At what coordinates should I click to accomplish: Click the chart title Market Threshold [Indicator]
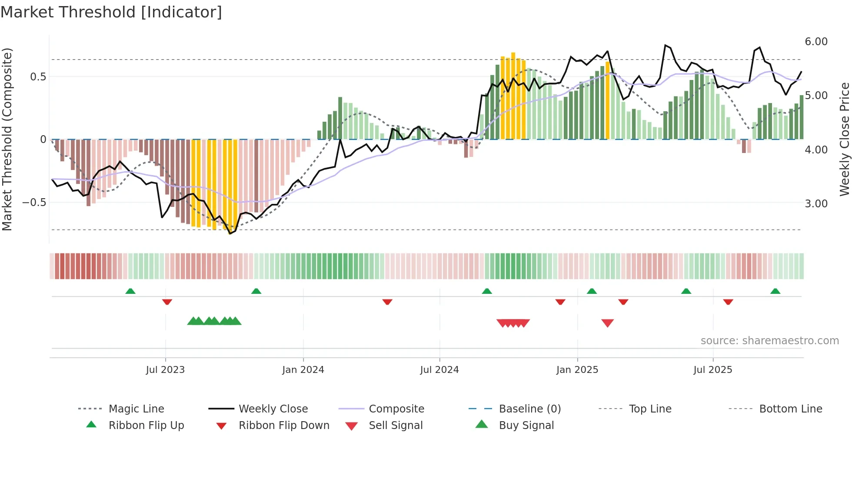pos(111,12)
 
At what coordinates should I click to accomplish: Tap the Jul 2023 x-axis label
pos(165,369)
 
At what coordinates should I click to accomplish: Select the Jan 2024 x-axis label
pos(303,369)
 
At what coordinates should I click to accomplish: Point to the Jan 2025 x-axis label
pos(577,369)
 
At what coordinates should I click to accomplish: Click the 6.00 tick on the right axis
pos(816,42)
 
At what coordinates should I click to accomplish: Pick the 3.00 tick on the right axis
pos(816,203)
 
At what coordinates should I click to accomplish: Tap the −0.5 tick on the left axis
pos(34,203)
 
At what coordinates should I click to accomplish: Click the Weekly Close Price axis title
pos(844,139)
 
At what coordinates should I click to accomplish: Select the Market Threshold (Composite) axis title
pos(7,139)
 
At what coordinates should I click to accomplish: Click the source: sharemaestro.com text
pos(769,341)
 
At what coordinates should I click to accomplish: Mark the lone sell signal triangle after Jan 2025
pos(607,323)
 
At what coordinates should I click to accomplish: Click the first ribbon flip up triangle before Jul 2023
pos(130,291)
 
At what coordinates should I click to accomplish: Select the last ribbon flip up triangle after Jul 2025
pos(775,291)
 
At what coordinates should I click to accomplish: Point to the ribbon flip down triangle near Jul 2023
pos(167,302)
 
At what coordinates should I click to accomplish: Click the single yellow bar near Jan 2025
pos(608,100)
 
